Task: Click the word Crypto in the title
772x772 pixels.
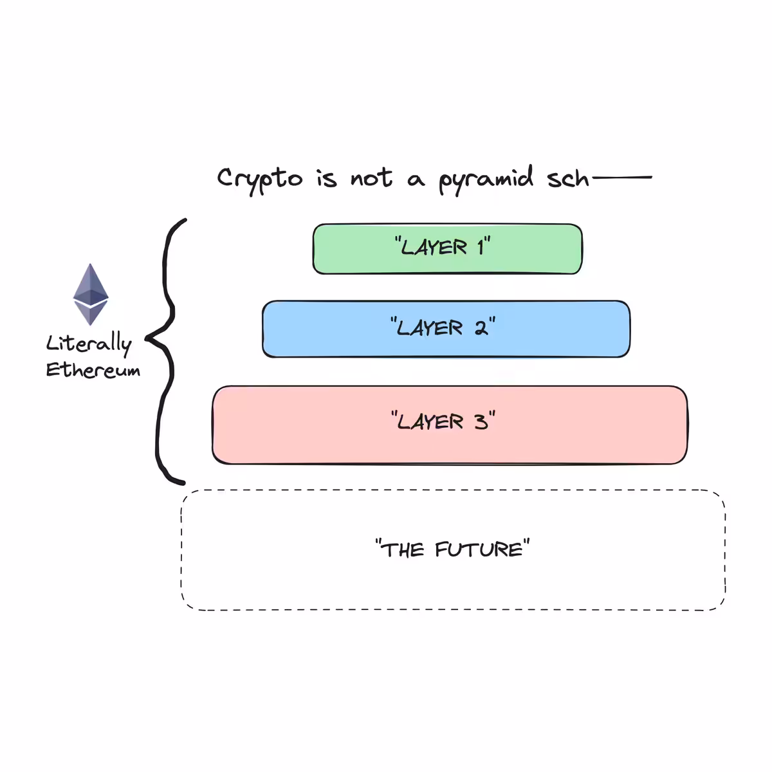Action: click(x=260, y=180)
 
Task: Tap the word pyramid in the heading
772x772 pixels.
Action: click(x=486, y=179)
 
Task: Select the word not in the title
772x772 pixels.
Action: click(x=371, y=178)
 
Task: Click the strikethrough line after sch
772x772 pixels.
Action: click(x=622, y=177)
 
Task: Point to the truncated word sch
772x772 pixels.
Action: click(x=567, y=178)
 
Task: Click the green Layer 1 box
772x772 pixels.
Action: click(x=447, y=249)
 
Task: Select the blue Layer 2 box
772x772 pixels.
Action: click(x=446, y=329)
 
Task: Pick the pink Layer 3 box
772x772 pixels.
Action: click(x=450, y=425)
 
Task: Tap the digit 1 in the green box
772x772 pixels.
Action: click(x=481, y=247)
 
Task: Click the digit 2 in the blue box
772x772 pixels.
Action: click(x=481, y=328)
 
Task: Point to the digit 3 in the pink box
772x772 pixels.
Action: click(x=481, y=422)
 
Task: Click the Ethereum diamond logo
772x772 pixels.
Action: click(x=91, y=294)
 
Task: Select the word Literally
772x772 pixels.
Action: click(x=89, y=344)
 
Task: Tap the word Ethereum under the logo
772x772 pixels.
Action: click(x=93, y=369)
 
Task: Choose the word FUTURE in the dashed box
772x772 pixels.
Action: click(x=479, y=549)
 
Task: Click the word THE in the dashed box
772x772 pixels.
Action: click(x=403, y=549)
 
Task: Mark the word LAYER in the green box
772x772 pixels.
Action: click(x=434, y=247)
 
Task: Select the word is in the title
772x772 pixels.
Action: click(x=327, y=178)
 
